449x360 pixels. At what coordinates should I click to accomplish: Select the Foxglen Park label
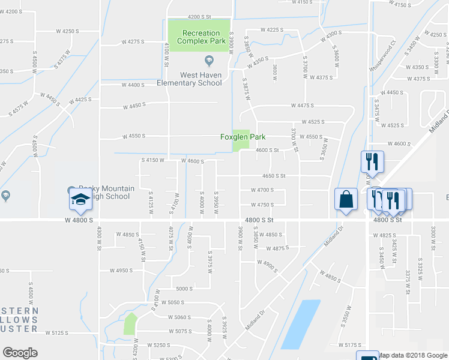coord(243,137)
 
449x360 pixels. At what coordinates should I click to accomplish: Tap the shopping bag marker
coord(346,200)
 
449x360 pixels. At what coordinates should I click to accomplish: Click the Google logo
coord(20,352)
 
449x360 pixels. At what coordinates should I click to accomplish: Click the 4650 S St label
coord(273,176)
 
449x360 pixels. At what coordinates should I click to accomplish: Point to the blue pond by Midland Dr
coord(300,324)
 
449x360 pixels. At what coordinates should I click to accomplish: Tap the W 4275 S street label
coord(135,42)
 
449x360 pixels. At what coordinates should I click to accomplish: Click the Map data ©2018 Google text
coord(412,355)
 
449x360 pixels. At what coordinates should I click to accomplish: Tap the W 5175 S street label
coord(351,344)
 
